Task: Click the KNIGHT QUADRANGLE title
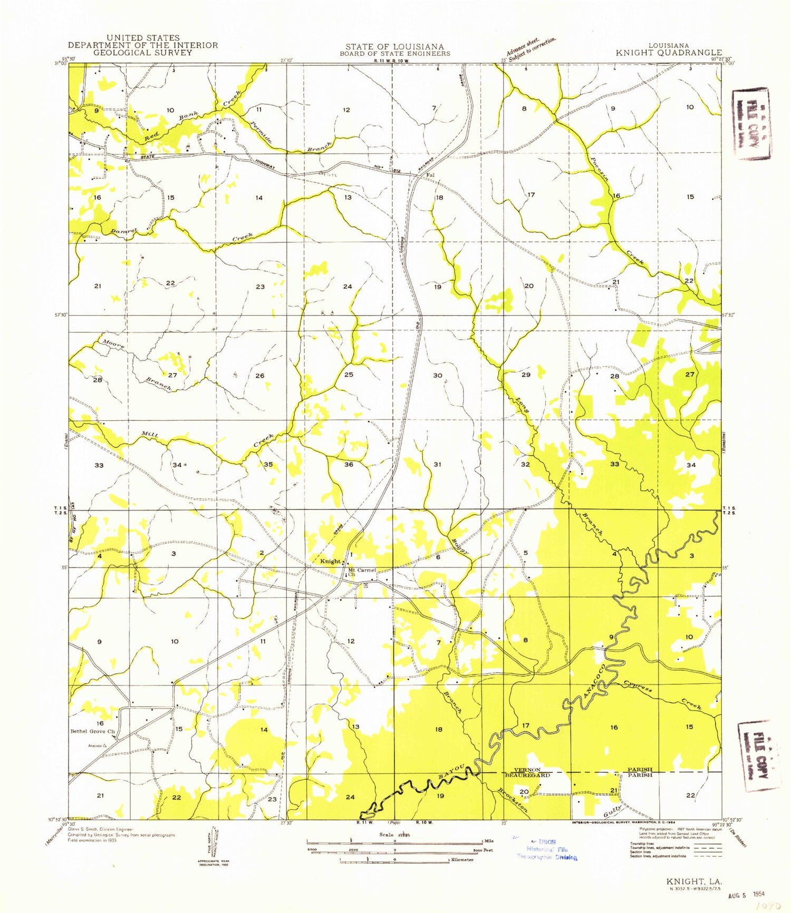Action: [x=669, y=53]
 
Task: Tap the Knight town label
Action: [x=331, y=562]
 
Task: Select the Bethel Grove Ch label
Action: [x=93, y=732]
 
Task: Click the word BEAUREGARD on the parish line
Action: [x=527, y=775]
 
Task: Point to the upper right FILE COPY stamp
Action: [x=750, y=124]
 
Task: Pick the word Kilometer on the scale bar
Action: [x=461, y=860]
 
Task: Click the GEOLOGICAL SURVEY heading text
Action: [x=142, y=53]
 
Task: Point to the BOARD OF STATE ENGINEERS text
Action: [x=394, y=53]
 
